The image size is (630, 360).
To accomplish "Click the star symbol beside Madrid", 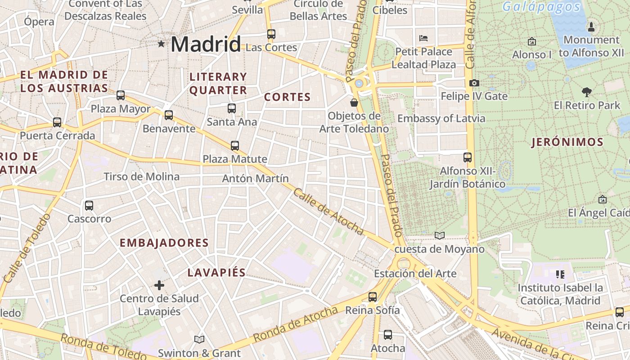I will point(161,44).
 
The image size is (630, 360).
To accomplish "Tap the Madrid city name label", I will point(206,44).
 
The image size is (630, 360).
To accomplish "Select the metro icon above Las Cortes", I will point(271,34).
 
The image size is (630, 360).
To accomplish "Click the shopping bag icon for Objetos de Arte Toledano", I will point(354,103).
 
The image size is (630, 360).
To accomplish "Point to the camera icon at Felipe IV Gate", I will point(474,83).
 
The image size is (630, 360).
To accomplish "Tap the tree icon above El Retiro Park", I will point(586,92).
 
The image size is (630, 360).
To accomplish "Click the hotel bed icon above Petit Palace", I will point(423,38).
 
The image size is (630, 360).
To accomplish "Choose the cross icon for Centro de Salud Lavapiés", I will point(159,285).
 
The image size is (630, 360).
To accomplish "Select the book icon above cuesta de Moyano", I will point(440,235).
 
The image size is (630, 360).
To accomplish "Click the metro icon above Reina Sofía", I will point(373,297).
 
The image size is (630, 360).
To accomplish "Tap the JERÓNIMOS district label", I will point(567,143).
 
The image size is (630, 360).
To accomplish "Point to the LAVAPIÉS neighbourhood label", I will point(216,273).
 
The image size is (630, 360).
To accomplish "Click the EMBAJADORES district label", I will point(164,243).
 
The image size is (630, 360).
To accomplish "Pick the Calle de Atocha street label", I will point(328,211).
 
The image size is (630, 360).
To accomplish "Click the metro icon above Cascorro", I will point(89,206).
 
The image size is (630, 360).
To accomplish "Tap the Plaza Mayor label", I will point(121,109).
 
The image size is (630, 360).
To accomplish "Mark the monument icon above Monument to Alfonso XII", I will point(591,27).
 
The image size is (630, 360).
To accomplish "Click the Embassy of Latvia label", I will point(441,119).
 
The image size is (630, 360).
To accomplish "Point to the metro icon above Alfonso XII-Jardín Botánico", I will point(468,157).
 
